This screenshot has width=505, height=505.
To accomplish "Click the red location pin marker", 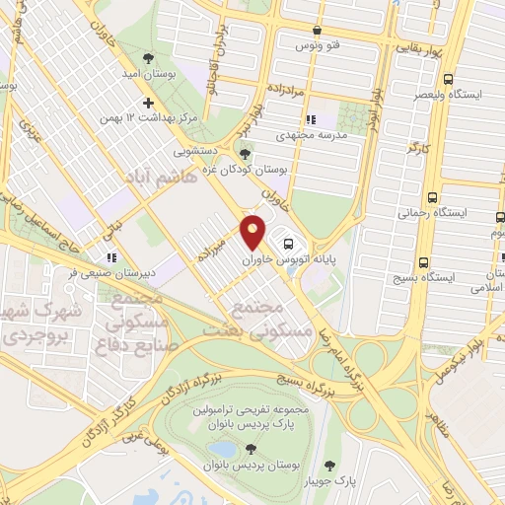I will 252,231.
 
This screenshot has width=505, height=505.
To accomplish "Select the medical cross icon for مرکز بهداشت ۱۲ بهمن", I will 148,102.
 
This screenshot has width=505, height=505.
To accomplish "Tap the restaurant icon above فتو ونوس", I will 316,31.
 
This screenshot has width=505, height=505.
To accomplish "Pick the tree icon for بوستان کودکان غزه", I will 246,152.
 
